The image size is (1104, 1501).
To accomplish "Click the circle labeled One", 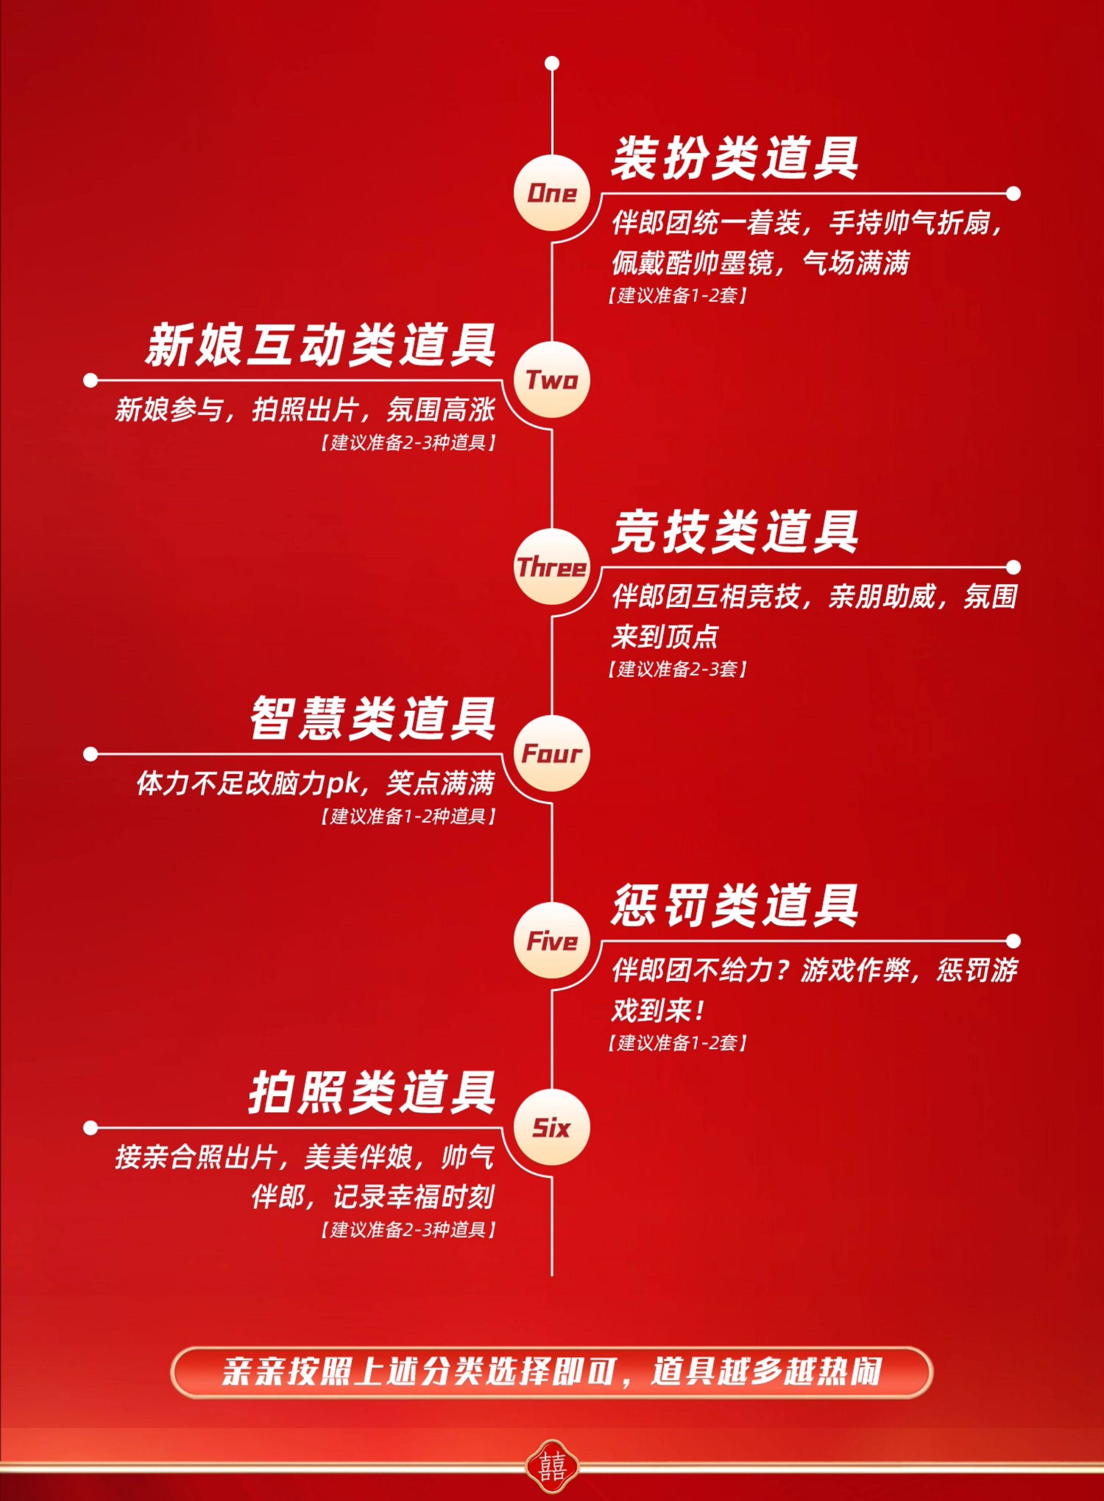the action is [x=552, y=193].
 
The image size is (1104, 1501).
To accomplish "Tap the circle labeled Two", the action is [x=552, y=380].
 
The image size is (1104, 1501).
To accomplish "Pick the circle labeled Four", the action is [x=552, y=754].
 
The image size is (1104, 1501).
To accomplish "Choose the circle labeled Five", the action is [x=552, y=941].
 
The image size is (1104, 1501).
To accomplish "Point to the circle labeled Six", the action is [x=552, y=1128].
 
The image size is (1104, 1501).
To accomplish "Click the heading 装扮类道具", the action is [x=735, y=158].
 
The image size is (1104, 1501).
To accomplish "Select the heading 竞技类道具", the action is [x=735, y=533].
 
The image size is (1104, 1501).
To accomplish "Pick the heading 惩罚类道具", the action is [x=735, y=906].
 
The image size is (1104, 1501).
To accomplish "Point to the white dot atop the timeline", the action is [x=552, y=64].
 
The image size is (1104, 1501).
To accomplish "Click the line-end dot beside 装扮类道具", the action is [x=1013, y=194].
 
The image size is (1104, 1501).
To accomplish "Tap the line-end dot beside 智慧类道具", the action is [x=91, y=755].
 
